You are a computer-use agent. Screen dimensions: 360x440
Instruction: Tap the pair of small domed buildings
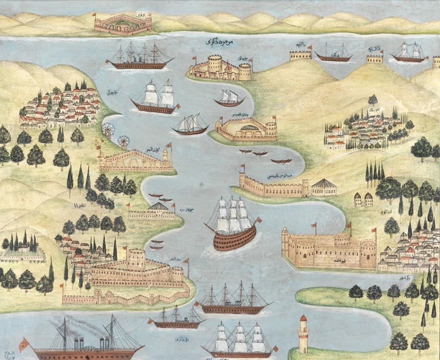363,199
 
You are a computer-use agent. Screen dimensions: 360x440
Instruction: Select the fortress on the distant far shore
123,23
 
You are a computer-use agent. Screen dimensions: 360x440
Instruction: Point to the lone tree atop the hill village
373,100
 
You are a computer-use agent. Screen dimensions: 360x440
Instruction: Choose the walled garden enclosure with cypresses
22,252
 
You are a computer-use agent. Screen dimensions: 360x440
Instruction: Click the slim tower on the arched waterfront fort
166,157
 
